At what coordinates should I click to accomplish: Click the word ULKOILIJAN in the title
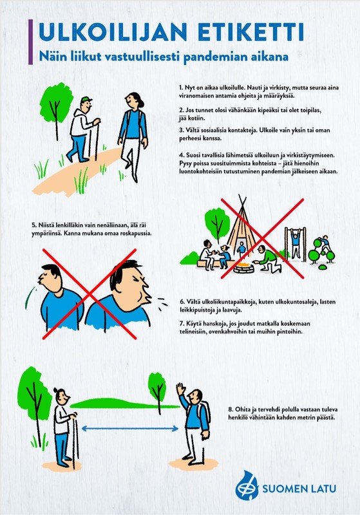(113, 32)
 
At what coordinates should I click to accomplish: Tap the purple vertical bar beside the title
(30, 42)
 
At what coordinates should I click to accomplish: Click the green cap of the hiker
(86, 99)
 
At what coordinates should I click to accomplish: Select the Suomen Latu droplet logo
(247, 485)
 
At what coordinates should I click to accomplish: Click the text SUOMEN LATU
(299, 489)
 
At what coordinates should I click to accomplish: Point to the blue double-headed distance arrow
(130, 428)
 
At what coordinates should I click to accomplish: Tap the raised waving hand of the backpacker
(180, 389)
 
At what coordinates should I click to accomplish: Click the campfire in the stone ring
(245, 265)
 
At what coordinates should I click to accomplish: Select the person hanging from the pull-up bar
(296, 244)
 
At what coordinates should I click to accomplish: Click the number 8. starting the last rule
(231, 409)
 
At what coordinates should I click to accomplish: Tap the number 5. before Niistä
(34, 225)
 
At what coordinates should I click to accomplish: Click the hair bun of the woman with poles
(55, 390)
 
